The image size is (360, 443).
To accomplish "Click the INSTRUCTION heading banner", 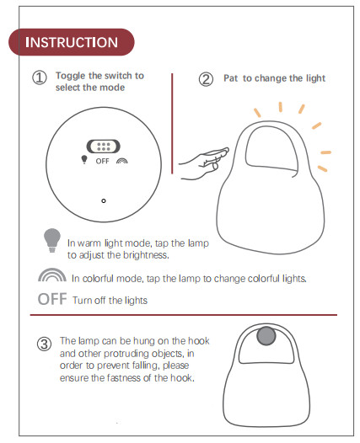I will point(72,42).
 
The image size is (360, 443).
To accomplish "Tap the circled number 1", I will point(40,78).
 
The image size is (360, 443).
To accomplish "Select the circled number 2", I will point(206,79).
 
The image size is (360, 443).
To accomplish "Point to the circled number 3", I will point(43,344).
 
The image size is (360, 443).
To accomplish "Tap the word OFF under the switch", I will point(102,160).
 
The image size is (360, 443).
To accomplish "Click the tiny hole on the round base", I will point(103,200).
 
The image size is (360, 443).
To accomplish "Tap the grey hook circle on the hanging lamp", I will point(266,337).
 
